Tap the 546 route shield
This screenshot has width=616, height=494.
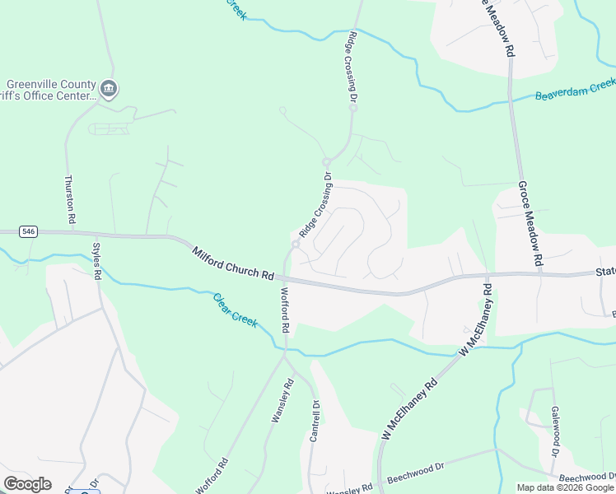29,232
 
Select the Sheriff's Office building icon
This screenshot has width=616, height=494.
109,89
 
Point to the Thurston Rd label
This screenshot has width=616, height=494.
70,200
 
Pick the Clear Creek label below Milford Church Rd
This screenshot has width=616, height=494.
236,309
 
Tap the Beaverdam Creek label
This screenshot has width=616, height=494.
575,90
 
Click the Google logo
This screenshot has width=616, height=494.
27,484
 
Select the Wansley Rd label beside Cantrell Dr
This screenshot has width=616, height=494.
282,401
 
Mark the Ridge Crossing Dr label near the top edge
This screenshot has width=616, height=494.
352,66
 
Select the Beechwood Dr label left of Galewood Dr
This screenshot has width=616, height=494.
415,471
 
